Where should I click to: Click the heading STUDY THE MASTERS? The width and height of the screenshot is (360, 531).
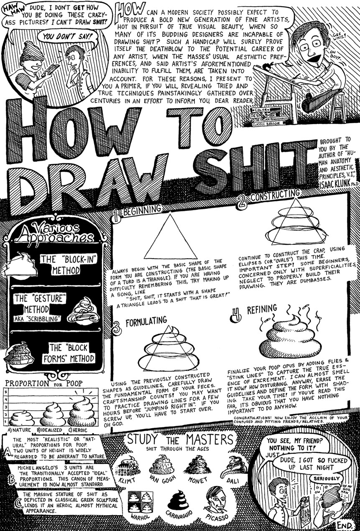pos(180,440)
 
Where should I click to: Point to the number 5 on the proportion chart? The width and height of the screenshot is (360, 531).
pos(5,392)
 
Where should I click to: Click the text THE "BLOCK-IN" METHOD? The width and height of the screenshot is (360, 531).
pos(67,265)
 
